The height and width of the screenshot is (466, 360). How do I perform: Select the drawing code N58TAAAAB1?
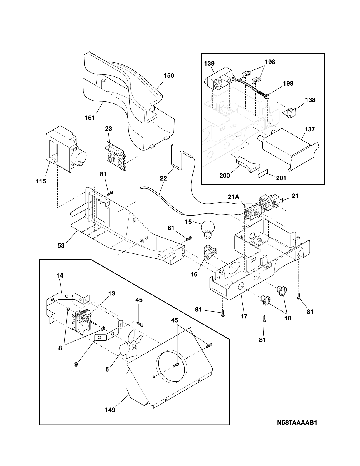click(x=297, y=423)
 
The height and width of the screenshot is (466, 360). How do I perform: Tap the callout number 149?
click(x=110, y=410)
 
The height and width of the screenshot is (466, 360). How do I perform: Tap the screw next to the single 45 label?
click(x=140, y=324)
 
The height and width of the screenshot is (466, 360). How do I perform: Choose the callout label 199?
click(x=288, y=83)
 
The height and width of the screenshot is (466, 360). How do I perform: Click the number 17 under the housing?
click(x=244, y=316)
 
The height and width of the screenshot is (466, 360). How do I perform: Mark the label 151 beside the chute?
click(x=90, y=118)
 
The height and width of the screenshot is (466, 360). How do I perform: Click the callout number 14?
click(x=60, y=275)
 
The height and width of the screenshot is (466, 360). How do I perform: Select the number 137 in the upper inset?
click(x=309, y=129)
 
